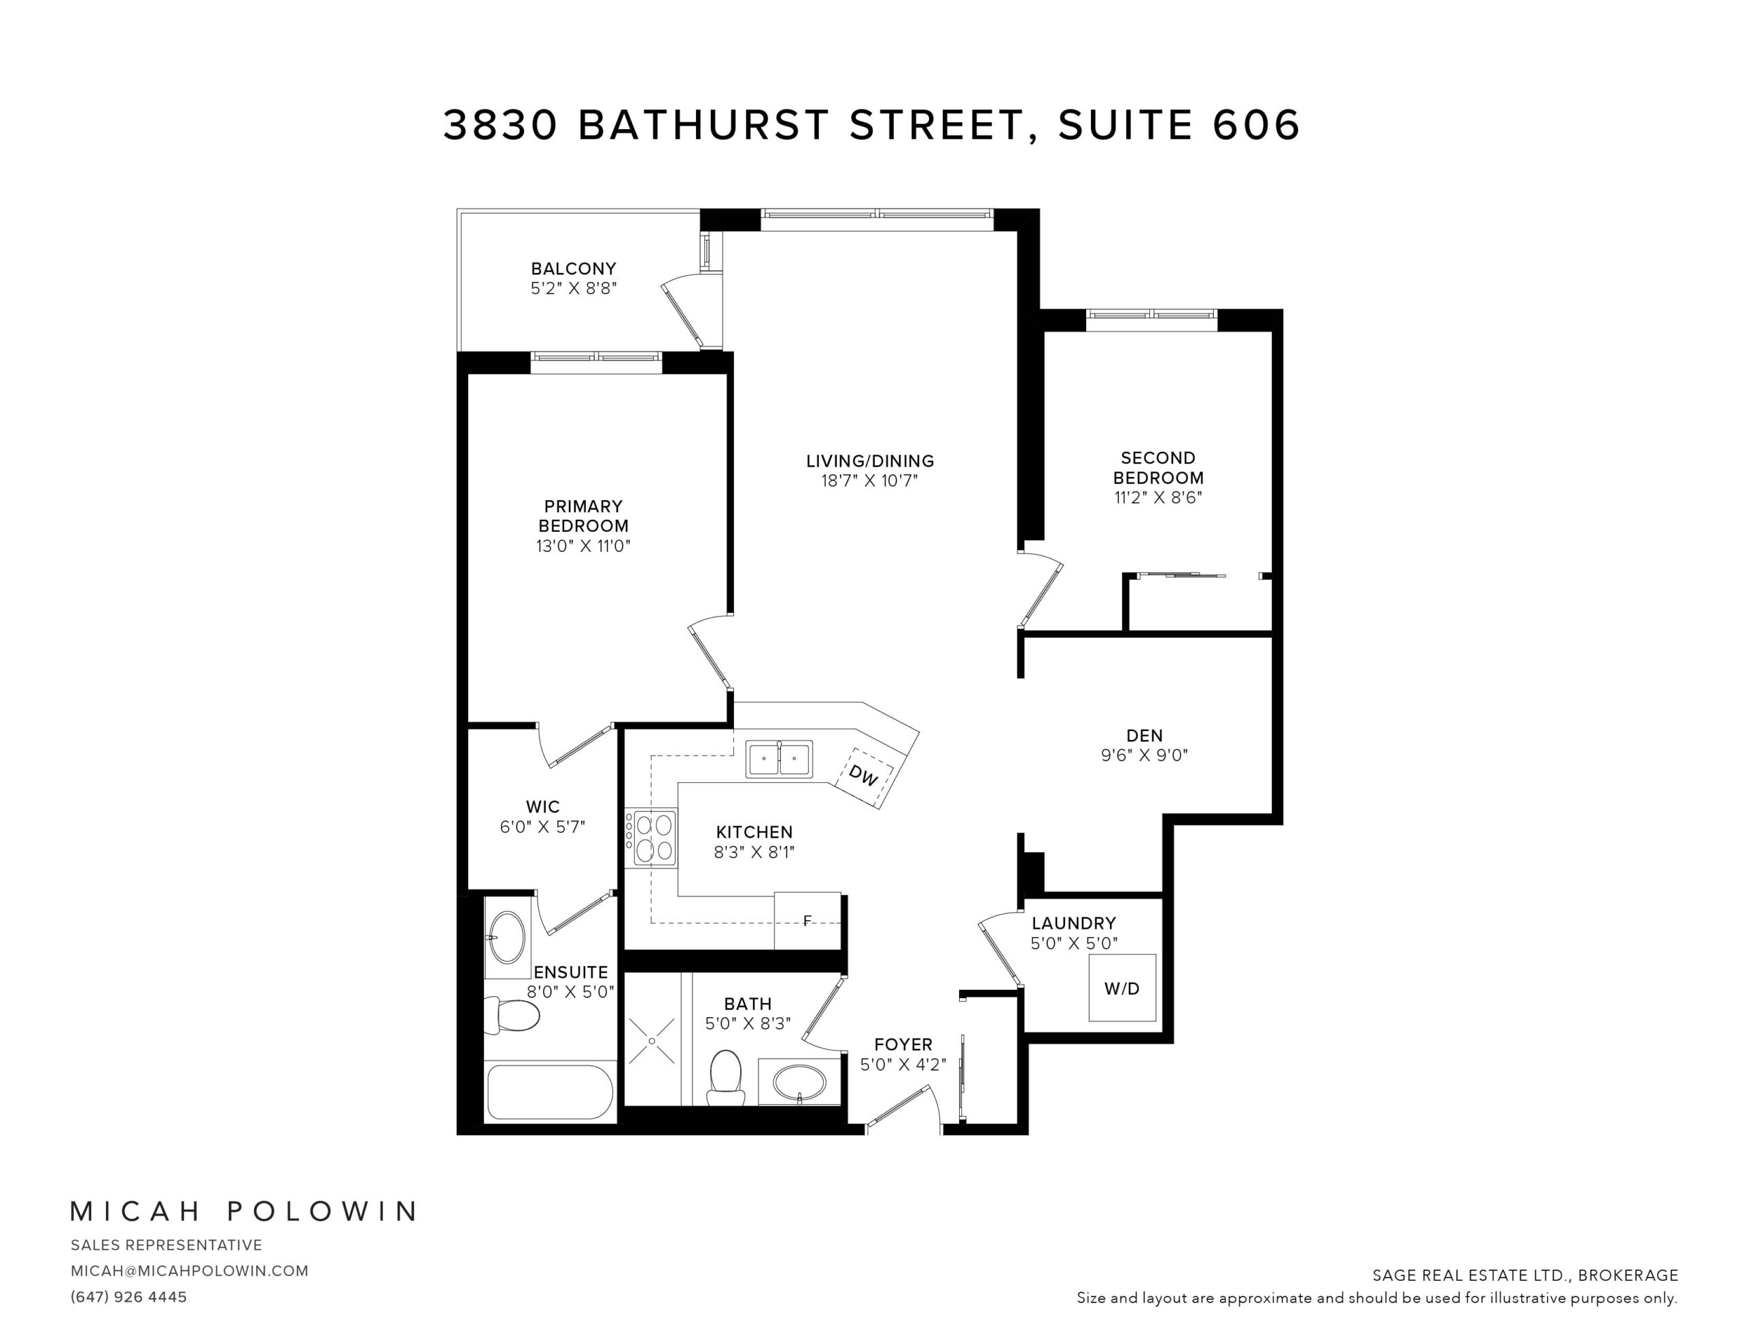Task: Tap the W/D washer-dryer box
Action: pos(1121,988)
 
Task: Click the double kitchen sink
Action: pos(779,758)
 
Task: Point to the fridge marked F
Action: pos(808,920)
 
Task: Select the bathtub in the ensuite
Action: pos(550,1092)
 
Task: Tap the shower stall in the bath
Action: pos(652,1040)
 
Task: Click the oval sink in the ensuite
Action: pos(506,938)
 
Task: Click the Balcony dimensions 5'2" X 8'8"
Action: pos(574,288)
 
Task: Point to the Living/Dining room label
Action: pos(870,461)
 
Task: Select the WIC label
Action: pos(542,807)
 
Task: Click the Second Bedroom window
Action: pos(1152,315)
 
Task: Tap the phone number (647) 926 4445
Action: pos(129,1297)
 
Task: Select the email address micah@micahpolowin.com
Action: pos(190,1271)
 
